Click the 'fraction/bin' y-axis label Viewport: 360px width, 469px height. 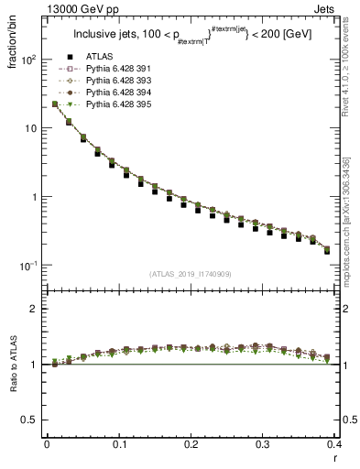13,46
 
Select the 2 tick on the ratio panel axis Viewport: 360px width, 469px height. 35,309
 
